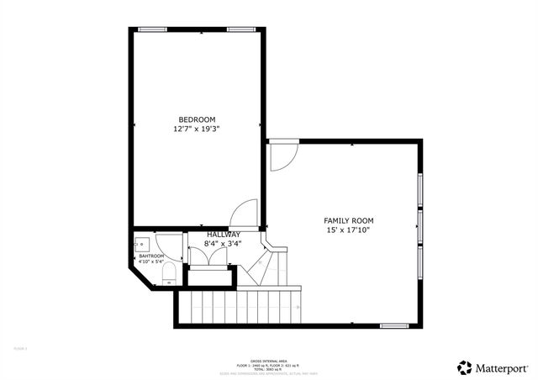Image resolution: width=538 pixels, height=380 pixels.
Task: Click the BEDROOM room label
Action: (x=197, y=119)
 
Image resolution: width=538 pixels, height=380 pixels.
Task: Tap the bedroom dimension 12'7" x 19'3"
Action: (x=197, y=129)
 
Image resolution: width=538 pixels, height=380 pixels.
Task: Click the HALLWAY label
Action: (x=224, y=235)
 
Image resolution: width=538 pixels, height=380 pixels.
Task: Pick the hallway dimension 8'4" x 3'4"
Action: (x=224, y=245)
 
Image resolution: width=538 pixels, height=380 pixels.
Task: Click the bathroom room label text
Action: (x=152, y=256)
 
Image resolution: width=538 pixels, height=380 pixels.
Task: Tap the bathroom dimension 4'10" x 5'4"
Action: (x=152, y=261)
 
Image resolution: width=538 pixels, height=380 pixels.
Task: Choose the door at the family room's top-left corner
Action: (x=282, y=157)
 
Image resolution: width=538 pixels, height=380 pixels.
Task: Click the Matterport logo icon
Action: (x=465, y=367)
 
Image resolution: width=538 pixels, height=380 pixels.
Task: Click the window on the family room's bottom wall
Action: (x=393, y=325)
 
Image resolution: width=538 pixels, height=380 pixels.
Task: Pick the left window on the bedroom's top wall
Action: (x=152, y=29)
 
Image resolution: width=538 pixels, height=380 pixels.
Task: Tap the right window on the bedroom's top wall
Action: (x=241, y=29)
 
